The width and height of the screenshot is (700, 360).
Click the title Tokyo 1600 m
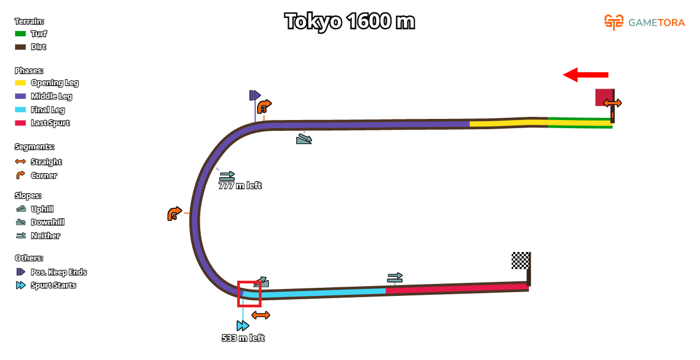[x=349, y=22]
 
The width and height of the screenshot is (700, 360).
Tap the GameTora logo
[x=645, y=22]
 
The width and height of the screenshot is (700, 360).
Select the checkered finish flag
[x=520, y=260]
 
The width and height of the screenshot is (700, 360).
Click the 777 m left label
[x=240, y=186]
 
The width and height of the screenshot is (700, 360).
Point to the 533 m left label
[x=243, y=338]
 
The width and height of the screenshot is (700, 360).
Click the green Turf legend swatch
[x=21, y=34]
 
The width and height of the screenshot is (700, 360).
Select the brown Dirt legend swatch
[x=21, y=47]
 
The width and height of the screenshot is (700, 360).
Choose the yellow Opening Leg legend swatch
[x=21, y=83]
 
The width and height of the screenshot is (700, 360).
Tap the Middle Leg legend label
[x=52, y=96]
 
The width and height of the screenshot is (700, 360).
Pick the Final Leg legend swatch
[x=21, y=110]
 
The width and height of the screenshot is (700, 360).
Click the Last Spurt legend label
[x=50, y=123]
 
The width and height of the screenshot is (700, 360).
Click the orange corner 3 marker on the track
[x=264, y=106]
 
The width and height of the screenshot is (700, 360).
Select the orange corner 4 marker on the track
[x=174, y=214]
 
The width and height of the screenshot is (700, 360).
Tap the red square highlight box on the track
[x=249, y=294]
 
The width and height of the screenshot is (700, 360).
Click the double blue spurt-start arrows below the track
[x=243, y=326]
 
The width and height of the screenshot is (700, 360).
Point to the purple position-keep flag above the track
[x=254, y=96]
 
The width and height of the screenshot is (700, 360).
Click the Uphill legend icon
[x=21, y=209]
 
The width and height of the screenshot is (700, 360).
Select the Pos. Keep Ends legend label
[x=59, y=272]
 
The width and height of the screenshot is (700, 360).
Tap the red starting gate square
[x=603, y=97]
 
